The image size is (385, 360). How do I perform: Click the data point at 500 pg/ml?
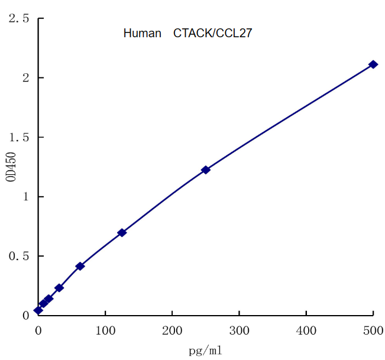373,64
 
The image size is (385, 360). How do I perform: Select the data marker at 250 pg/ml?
206,170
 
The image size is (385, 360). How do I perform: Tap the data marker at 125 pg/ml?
122,232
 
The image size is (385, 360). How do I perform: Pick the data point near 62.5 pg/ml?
80,266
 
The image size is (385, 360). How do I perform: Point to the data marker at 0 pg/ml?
38,310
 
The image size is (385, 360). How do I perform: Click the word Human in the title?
142,34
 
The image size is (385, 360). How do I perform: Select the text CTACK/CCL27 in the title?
212,34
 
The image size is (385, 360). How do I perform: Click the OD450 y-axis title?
11,167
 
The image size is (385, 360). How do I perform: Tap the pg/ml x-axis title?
205,351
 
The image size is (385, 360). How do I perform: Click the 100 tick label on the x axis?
105,329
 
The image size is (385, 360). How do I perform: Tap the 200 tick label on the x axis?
172,329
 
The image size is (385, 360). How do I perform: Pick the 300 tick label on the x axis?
239,329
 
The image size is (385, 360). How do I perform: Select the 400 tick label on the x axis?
306,329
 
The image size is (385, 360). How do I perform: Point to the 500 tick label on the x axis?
373,329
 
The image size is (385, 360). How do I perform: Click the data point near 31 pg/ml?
59,288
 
